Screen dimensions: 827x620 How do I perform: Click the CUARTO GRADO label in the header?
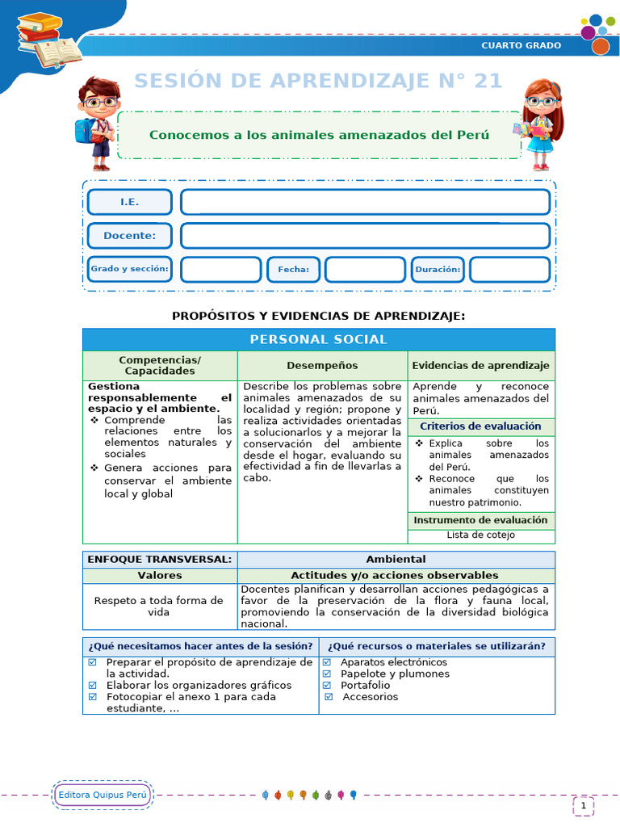tap(521, 45)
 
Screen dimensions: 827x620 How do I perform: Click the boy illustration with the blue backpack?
tap(96, 122)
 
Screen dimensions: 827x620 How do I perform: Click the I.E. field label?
tap(129, 202)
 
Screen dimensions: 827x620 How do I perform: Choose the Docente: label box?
tap(129, 236)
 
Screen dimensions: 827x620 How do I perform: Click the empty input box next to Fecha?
tap(365, 270)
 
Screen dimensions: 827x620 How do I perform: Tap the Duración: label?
tap(438, 270)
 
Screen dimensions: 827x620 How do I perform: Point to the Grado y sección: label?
tap(129, 269)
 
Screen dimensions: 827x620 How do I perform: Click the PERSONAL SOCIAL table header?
tap(318, 339)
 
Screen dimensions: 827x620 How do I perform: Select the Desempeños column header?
tap(322, 366)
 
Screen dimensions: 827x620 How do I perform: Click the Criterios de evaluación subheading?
tap(480, 426)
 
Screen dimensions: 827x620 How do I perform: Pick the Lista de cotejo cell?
tap(480, 535)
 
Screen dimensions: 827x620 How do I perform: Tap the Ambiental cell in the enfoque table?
tap(396, 559)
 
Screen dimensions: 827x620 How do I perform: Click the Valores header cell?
tap(160, 575)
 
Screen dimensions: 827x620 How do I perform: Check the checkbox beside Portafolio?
tap(327, 685)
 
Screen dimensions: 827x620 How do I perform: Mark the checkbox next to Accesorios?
tap(329, 696)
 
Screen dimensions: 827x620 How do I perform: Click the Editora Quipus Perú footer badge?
tap(103, 796)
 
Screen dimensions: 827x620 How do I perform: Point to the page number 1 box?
tap(583, 805)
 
